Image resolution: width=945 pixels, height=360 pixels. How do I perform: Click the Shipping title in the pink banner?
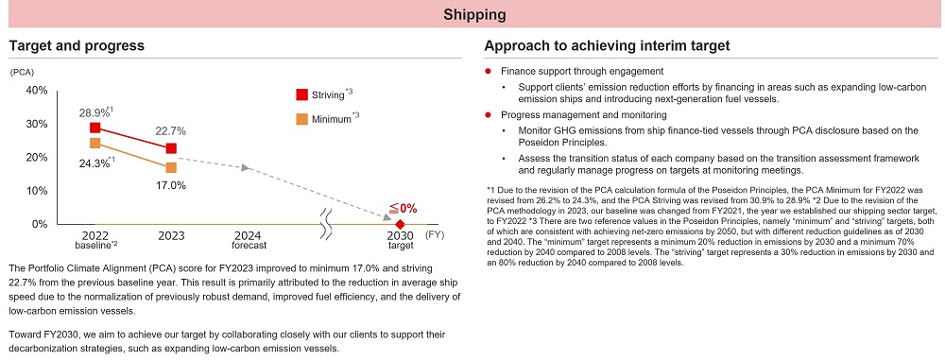coord(472,14)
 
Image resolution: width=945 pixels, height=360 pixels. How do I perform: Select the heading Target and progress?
coord(76,45)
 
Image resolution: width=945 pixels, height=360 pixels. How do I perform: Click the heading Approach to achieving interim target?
coord(606,45)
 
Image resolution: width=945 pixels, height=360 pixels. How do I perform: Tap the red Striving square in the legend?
coord(301,94)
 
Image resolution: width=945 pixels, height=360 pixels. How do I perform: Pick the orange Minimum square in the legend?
coord(301,119)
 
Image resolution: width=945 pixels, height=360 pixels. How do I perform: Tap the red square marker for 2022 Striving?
coord(94,128)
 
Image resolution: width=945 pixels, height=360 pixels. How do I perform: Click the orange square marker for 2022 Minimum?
coord(94,143)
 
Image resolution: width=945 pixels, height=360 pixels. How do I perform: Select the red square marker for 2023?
coord(170,148)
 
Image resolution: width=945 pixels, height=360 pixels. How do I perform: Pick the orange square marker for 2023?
coord(170,167)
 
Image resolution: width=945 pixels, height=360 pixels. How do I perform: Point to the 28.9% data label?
coord(94,111)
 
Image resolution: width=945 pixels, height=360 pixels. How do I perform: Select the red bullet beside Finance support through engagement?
coord(487,72)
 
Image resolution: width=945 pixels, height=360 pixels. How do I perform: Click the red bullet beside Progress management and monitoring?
coord(487,114)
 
